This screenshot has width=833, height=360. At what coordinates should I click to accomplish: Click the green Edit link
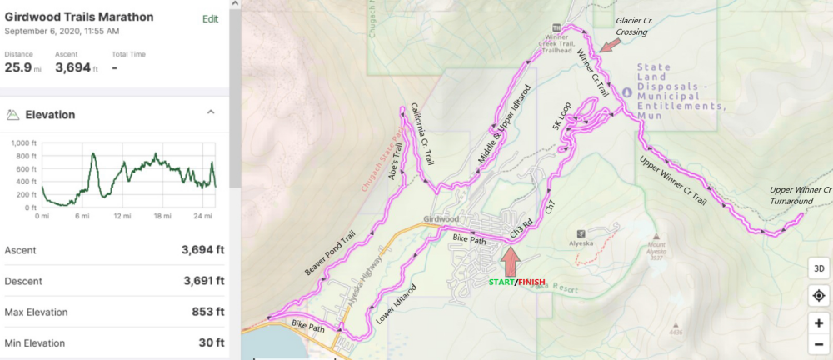(x=210, y=18)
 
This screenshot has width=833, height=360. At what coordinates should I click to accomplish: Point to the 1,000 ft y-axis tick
(x=25, y=142)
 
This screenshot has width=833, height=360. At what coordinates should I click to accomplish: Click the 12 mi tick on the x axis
(x=122, y=216)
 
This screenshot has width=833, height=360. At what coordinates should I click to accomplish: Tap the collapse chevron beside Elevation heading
(x=211, y=112)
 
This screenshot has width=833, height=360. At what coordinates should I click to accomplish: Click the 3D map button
(x=818, y=268)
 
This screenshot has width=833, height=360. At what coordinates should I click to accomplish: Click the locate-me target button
(x=818, y=296)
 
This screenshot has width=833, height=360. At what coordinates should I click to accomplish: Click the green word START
(x=501, y=282)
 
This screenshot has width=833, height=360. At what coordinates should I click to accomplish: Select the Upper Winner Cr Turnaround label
(x=801, y=195)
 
